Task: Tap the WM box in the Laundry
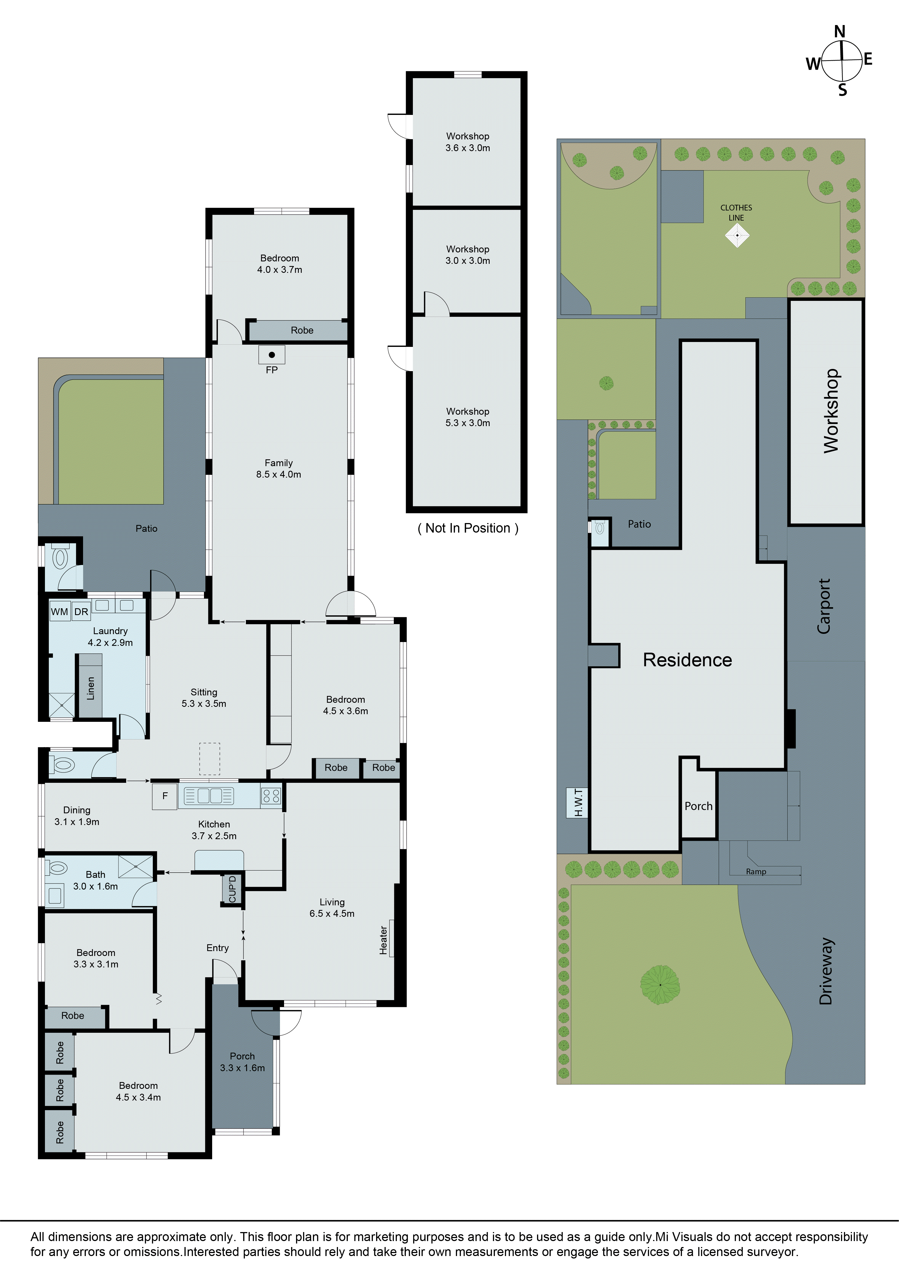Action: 59,612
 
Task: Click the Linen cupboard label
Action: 90,688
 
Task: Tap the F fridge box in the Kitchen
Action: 165,796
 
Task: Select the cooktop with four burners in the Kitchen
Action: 271,796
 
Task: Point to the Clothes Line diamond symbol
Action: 737,235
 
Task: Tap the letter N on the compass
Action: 840,32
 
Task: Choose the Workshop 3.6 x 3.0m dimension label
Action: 468,142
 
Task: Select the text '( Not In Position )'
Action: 468,528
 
